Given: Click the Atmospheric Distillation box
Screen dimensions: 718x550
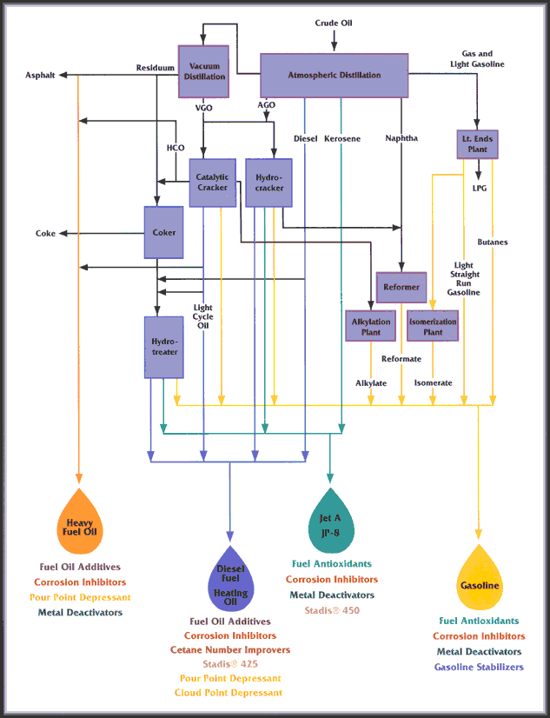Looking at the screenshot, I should tap(335, 76).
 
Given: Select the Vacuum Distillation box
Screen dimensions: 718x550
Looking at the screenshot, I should tap(203, 70).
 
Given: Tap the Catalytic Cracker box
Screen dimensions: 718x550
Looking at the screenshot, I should tap(212, 183).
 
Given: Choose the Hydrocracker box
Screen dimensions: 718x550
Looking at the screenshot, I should tap(268, 183).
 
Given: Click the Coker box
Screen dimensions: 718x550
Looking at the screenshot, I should tap(163, 233).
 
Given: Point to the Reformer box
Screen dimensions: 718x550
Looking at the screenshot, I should tap(401, 287).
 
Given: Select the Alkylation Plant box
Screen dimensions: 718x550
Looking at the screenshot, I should tap(370, 326).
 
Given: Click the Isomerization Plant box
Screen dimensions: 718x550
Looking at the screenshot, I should tap(433, 326).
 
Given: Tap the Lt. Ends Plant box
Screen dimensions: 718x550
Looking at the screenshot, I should tap(477, 143).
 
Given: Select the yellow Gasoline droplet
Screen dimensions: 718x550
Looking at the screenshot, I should tap(479, 581).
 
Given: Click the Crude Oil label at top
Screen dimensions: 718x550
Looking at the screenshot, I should tap(334, 23).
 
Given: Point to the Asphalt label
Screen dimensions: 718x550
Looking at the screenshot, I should tap(40, 76).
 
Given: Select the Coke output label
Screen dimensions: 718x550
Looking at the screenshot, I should tap(45, 233).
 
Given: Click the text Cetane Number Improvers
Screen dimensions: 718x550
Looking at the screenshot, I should tap(230, 650).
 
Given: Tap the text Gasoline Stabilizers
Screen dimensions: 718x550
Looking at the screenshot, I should tap(479, 668).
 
